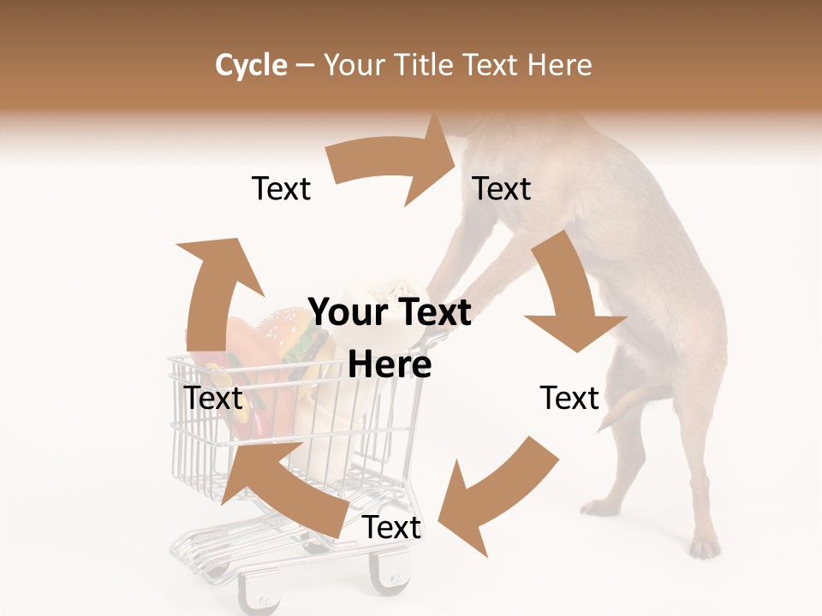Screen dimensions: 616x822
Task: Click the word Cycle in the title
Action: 251,65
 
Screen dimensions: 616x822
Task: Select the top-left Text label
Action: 281,188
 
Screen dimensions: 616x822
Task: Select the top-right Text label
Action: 502,188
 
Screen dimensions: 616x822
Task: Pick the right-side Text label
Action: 569,398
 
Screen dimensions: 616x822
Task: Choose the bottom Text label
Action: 391,528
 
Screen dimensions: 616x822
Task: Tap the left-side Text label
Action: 213,398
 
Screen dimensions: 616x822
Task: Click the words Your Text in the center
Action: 390,312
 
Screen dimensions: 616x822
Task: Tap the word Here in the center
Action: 390,365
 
